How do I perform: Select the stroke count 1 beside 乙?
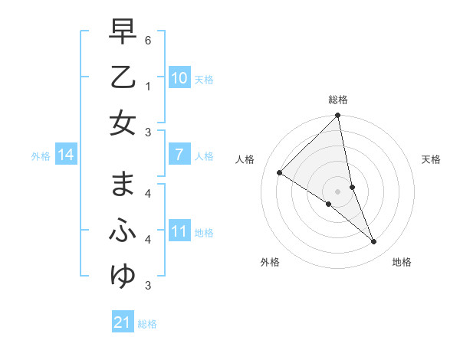click(x=148, y=86)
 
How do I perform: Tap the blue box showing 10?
click(x=179, y=77)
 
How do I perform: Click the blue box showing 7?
click(x=179, y=155)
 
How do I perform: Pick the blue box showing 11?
click(x=179, y=231)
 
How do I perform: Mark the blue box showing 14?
click(x=66, y=155)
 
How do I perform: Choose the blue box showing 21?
click(x=123, y=322)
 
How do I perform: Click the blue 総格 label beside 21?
click(x=147, y=324)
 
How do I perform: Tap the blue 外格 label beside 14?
click(x=41, y=156)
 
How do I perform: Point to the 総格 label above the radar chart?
click(x=338, y=100)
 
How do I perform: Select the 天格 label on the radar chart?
click(x=432, y=159)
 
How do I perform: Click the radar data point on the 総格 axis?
click(x=338, y=116)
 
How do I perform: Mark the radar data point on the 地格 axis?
click(x=374, y=242)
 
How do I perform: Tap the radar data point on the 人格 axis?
click(x=280, y=172)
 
